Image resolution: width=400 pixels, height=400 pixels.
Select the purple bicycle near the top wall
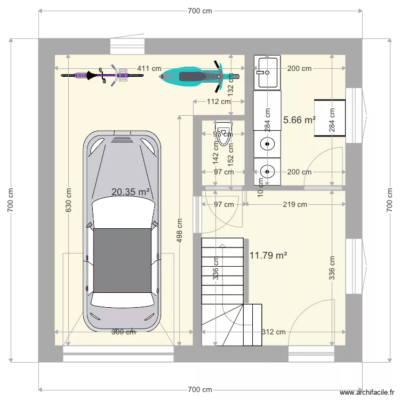(x=102, y=75)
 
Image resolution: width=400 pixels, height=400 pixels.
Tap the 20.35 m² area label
(x=130, y=192)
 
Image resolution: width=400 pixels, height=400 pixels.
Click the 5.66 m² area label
(x=299, y=120)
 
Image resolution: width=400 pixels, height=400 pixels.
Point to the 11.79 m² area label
(x=268, y=255)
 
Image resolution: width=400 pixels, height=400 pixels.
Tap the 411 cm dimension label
(x=150, y=68)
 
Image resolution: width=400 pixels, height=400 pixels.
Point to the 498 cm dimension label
(x=180, y=230)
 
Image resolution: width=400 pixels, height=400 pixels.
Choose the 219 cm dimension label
(x=294, y=204)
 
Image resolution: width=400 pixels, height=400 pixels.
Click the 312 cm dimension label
(x=274, y=332)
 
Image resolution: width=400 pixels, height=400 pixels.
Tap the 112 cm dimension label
(x=219, y=101)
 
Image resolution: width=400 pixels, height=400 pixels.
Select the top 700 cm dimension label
(x=200, y=11)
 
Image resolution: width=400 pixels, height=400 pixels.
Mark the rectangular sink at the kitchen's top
(x=267, y=72)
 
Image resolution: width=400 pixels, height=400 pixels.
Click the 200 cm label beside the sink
(x=299, y=68)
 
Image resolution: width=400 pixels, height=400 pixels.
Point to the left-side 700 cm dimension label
(x=11, y=200)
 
